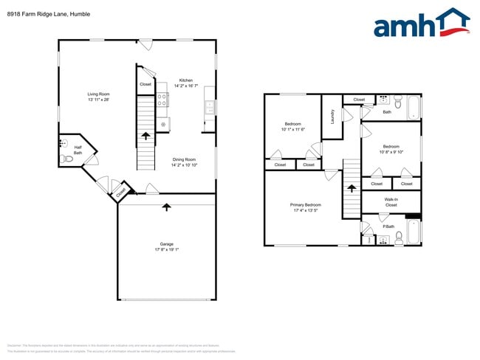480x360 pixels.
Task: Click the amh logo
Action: coord(421,24)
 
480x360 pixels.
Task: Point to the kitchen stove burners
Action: coord(162,102)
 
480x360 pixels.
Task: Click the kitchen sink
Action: coord(209,107)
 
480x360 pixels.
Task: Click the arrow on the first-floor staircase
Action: coord(145,135)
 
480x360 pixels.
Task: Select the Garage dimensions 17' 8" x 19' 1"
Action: coord(166,249)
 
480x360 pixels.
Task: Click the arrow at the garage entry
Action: coord(166,207)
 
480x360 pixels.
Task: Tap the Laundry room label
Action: coord(333,116)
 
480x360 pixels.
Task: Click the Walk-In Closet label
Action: coord(391,201)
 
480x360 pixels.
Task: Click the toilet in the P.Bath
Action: coord(398,237)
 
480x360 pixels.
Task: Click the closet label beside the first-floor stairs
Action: coord(145,84)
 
